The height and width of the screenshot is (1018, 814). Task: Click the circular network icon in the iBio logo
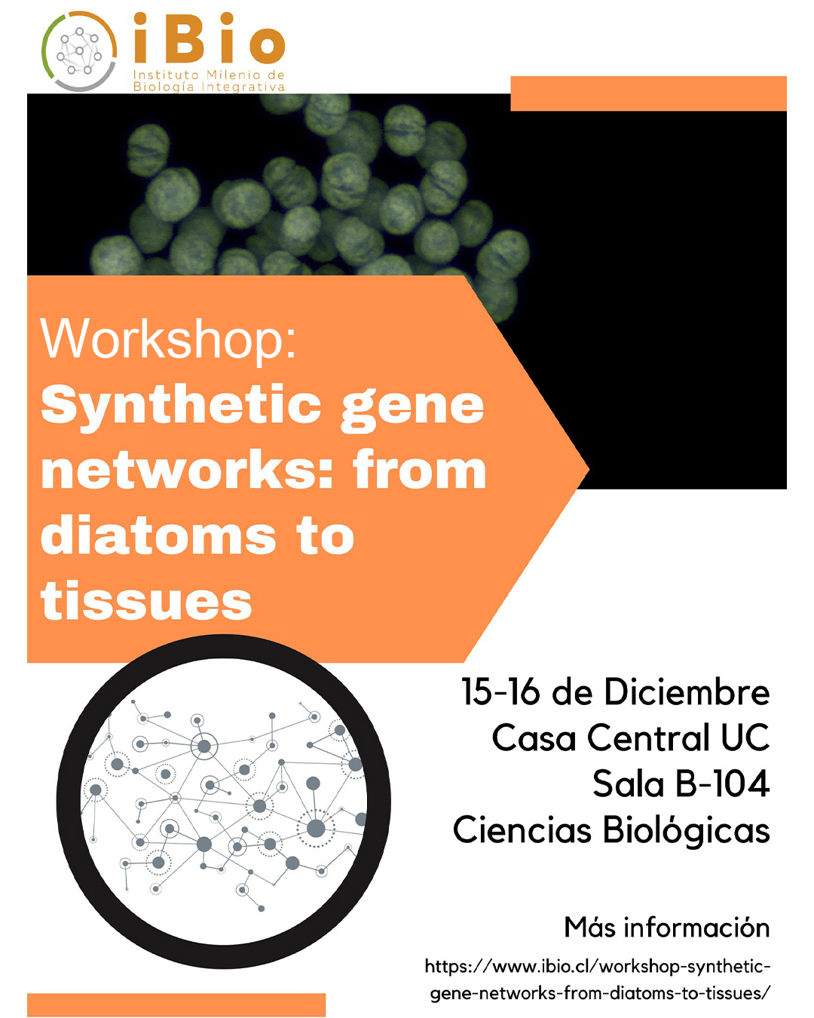pos(78,51)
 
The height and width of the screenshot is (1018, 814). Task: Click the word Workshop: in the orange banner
pos(168,339)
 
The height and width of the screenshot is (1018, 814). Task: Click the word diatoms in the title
pos(158,535)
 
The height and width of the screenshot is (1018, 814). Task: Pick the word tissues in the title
pos(146,601)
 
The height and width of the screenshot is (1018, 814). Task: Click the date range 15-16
pos(500,691)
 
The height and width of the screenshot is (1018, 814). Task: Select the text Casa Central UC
pos(631,737)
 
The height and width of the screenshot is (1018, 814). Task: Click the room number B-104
pos(722,783)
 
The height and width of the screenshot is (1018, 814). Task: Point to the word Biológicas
pos(687,831)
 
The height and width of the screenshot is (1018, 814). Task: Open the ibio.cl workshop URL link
pos(598,980)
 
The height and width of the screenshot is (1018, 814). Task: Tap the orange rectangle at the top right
pos(648,94)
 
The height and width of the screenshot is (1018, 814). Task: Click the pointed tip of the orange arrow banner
pos(589,469)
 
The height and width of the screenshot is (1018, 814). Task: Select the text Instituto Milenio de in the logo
pos(209,75)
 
